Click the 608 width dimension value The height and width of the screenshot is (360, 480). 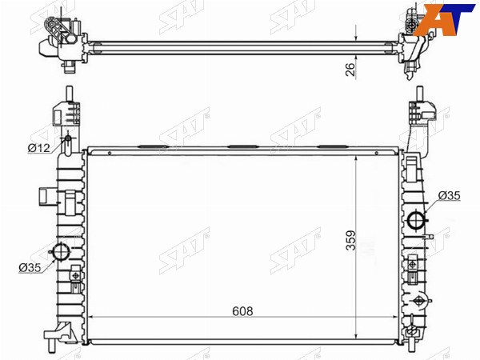242,311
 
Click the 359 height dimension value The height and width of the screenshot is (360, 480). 351,240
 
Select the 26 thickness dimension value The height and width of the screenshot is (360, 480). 350,69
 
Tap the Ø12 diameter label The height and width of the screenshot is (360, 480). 38,148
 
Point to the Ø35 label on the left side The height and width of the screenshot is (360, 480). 30,267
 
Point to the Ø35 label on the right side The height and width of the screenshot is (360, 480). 449,196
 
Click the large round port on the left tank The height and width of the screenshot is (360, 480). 61,252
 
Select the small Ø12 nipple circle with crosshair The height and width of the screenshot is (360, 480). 68,139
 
